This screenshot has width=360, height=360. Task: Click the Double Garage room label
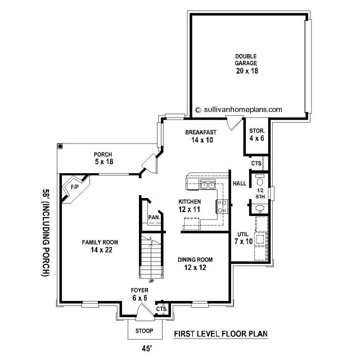[x=246, y=60]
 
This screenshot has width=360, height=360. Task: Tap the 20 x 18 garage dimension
[x=247, y=71]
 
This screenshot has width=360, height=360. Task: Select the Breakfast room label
[x=201, y=132]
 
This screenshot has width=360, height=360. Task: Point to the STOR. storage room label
[x=257, y=131]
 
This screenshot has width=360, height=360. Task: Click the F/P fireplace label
[x=75, y=187]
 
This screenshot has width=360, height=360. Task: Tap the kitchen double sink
[x=208, y=185]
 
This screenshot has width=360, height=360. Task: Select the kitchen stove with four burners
[x=222, y=206]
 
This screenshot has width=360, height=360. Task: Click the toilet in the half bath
[x=260, y=180]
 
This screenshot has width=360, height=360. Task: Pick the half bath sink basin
[x=260, y=208]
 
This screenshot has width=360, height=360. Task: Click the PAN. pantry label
[x=154, y=217]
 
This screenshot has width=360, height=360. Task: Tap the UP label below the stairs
[x=151, y=281]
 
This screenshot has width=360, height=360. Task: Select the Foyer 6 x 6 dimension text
[x=139, y=298]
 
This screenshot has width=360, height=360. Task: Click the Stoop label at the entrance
[x=144, y=331]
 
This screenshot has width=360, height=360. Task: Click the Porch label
[x=103, y=155]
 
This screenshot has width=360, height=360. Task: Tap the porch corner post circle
[x=60, y=146]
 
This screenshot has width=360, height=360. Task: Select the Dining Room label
[x=195, y=260]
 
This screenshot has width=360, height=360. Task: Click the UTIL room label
[x=243, y=235]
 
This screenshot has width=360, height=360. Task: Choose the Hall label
[x=240, y=183]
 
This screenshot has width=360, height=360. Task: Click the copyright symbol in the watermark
[x=198, y=110]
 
